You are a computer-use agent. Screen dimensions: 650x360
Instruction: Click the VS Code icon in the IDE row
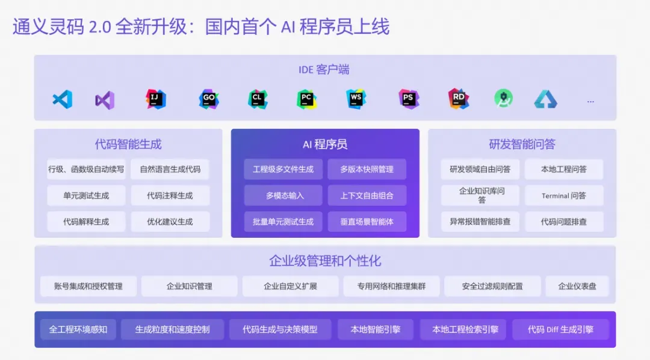coord(62,99)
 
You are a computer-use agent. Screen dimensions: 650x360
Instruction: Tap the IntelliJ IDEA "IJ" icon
coord(156,99)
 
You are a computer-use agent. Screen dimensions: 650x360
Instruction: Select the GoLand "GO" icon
coord(209,99)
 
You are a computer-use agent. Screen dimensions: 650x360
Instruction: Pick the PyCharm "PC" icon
coord(306,99)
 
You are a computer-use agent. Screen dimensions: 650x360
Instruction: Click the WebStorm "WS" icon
coord(356,99)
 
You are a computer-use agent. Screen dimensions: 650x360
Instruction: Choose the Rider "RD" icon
coord(458,99)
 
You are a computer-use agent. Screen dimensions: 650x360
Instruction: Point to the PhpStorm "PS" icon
coord(409,99)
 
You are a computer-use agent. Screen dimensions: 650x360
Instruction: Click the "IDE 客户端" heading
coord(324,70)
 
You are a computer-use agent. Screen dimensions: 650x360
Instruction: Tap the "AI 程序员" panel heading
coord(325,144)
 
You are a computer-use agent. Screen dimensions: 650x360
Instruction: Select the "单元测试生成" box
coord(86,196)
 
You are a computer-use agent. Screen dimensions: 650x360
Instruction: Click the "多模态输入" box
coord(283,196)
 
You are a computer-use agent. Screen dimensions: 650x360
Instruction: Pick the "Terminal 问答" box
coord(563,196)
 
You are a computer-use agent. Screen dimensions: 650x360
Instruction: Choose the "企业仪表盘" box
coord(577,287)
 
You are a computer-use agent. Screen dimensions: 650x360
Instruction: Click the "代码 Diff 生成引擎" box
coord(560,329)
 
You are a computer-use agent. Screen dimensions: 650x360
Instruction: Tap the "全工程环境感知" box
coord(78,329)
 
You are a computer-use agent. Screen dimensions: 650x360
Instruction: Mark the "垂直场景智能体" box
coord(367,222)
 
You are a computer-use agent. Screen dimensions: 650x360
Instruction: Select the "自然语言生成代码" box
coord(170,169)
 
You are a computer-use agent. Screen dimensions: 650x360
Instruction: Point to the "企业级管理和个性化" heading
coord(325,261)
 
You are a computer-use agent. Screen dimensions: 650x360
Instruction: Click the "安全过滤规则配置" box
coord(492,287)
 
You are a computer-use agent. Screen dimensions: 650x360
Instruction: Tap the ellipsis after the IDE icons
coord(590,101)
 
